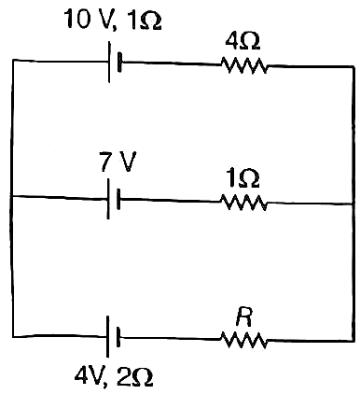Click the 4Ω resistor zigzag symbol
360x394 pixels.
pos(243,65)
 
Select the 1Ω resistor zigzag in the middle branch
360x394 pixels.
pos(243,203)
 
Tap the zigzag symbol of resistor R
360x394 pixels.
pos(243,340)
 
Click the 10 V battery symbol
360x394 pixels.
pos(115,63)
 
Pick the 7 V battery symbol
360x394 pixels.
pos(114,199)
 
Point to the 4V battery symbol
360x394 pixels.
pos(113,337)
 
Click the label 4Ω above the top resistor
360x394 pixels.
pos(242,41)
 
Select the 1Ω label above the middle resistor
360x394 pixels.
pos(243,179)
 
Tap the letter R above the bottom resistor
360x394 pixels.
pos(244,317)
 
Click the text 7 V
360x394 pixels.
pos(118,162)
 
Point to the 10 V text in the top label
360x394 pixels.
pos(88,21)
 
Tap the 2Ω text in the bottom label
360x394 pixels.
pos(134,377)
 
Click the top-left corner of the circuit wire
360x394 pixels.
pos(13,60)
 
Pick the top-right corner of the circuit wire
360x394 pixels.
pos(353,66)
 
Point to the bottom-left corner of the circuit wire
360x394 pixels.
pos(13,336)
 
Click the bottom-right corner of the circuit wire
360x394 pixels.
pos(353,341)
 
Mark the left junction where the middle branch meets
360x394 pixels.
pos(11,196)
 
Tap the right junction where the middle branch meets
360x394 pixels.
pos(353,204)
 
